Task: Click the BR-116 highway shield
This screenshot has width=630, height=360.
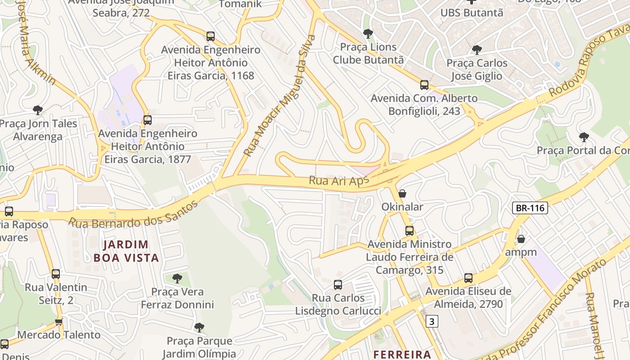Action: click(530, 208)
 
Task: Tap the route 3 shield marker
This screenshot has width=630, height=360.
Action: click(432, 321)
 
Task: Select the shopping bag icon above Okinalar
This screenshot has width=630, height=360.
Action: click(402, 193)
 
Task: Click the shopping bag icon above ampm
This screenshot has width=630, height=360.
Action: click(521, 239)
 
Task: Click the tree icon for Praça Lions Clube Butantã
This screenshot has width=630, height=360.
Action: click(368, 34)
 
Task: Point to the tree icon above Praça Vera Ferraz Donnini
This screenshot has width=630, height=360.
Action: click(177, 278)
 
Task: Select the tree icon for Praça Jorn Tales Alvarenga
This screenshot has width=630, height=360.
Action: click(38, 110)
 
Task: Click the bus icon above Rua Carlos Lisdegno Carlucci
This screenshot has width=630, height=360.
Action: click(338, 284)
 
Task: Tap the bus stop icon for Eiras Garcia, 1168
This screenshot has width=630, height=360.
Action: click(210, 36)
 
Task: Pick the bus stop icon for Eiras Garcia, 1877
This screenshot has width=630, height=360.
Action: click(148, 120)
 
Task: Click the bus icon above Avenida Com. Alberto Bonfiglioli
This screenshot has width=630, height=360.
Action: click(424, 85)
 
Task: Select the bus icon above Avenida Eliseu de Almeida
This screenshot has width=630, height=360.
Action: click(468, 278)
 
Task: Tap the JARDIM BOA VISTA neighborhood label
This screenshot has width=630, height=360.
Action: click(126, 251)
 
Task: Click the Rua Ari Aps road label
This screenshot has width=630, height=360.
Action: click(338, 181)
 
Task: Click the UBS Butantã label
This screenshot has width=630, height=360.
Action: click(471, 13)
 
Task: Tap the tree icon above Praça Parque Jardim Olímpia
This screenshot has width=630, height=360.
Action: click(199, 328)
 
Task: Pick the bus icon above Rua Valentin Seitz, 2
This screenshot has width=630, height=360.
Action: click(56, 274)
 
